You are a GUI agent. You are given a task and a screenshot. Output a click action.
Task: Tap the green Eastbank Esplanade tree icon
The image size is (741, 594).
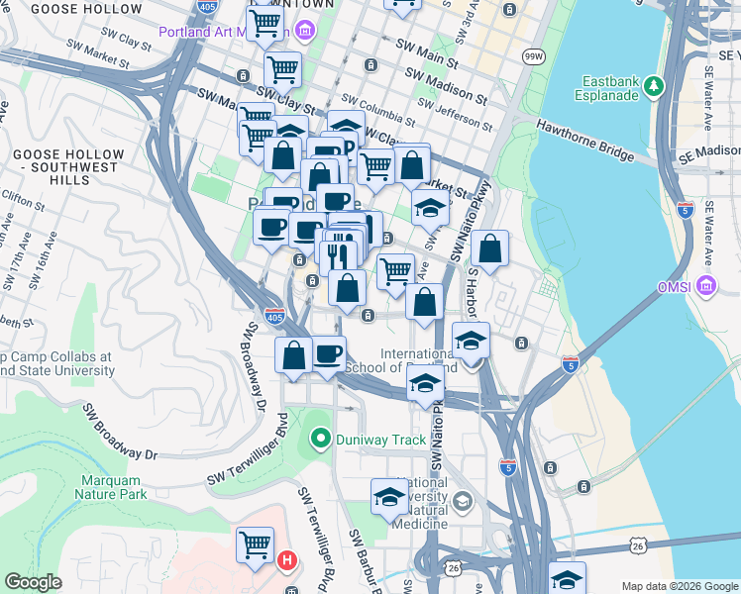653,86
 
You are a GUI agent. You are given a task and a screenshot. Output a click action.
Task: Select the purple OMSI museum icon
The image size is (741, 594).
705,287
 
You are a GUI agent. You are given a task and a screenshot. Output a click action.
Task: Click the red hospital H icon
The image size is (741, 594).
287,561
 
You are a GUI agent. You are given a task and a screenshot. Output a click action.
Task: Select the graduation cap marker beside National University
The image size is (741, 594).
389,497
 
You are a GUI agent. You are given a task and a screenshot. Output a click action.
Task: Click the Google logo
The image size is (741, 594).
34,583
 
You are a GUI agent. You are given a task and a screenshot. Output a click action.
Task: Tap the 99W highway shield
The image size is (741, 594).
534,58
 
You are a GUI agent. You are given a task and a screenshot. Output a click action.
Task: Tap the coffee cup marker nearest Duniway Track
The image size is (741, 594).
328,352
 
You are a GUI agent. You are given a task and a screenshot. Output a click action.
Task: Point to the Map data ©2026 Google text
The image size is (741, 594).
679,586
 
